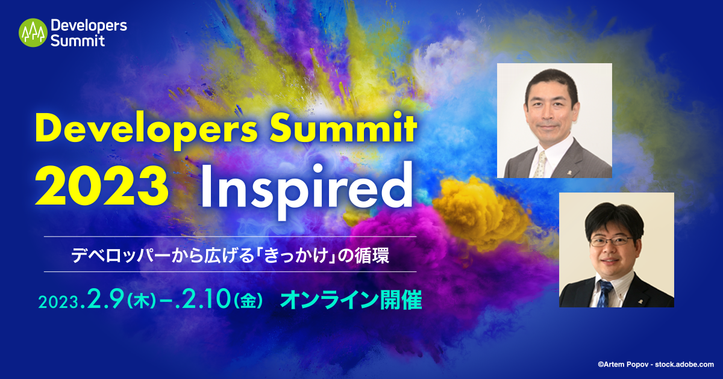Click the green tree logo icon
pos(33,32)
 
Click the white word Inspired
pos(307,190)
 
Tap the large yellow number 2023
pos(102,187)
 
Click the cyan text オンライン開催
pos(351,300)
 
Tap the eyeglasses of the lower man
pos(612,241)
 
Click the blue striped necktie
pos(604,294)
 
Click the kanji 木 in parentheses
pos(142,301)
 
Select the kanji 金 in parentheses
pos(248,301)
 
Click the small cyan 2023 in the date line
pos(59,302)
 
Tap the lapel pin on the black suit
pos(639,301)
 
